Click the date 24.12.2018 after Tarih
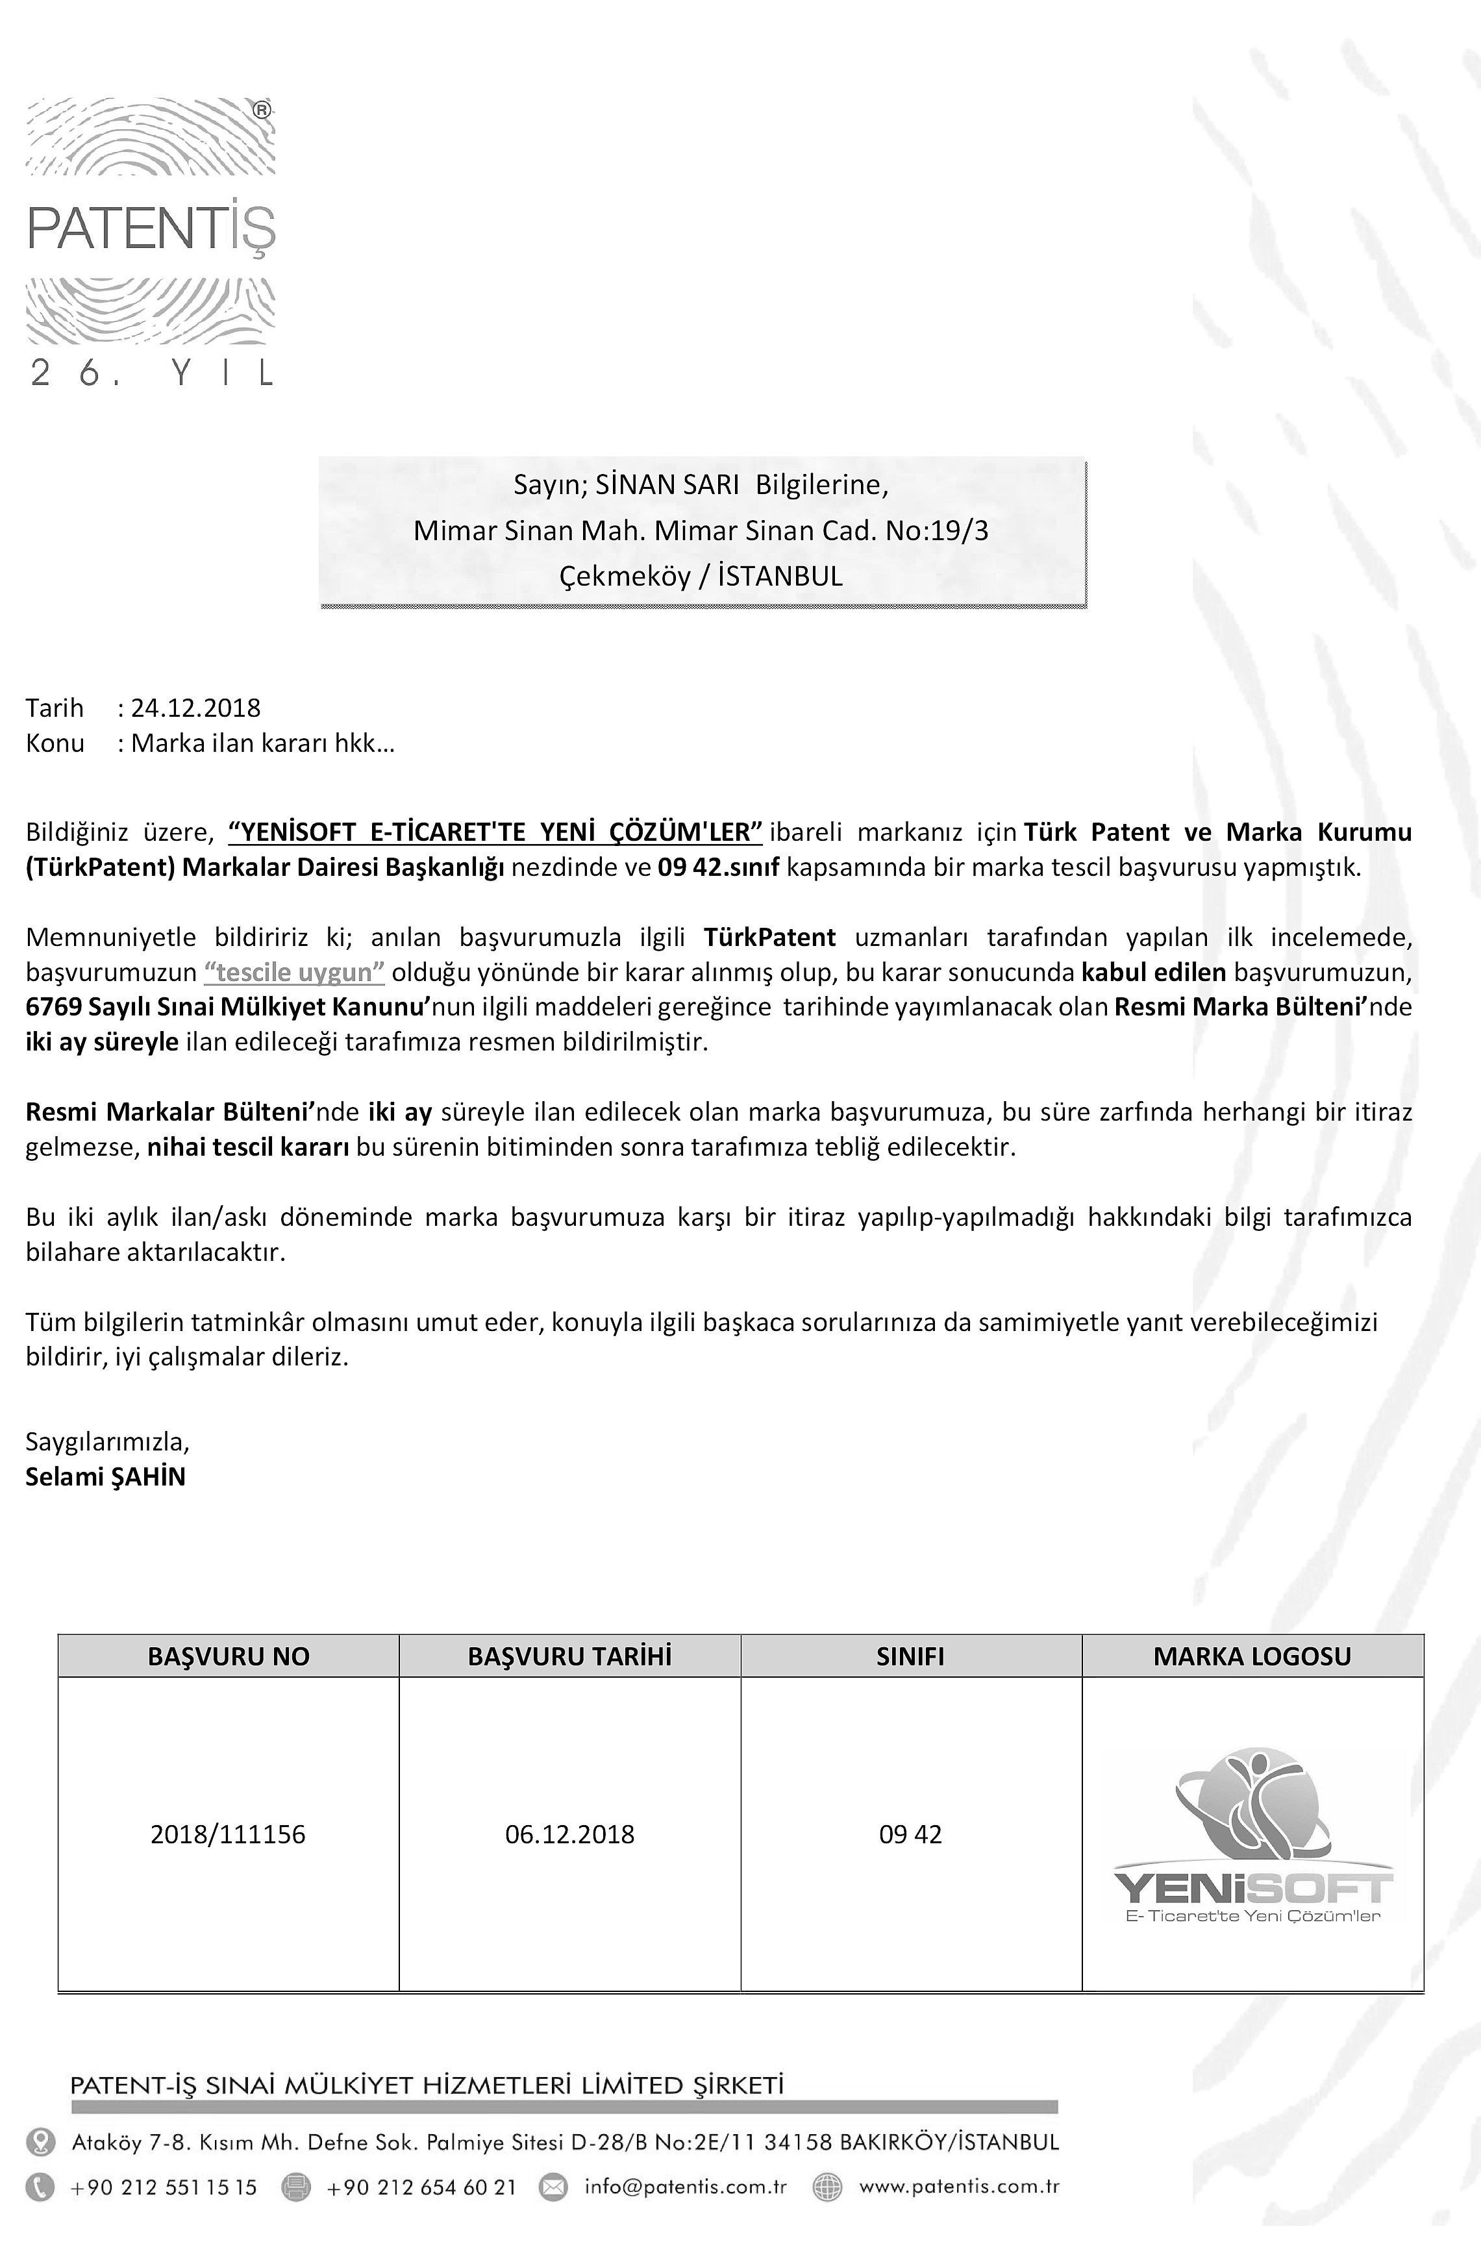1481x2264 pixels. tap(196, 708)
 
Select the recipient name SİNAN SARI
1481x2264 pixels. tap(667, 485)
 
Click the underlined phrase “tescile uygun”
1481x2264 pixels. tap(295, 972)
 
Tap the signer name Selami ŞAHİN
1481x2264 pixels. tap(106, 1476)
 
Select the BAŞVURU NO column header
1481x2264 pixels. tap(229, 1656)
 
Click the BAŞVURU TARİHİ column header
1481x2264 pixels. tap(570, 1656)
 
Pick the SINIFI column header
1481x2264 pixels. tap(910, 1656)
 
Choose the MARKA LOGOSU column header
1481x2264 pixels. tap(1252, 1656)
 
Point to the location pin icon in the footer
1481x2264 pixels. tap(40, 2142)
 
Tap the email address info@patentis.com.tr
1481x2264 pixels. tap(686, 2187)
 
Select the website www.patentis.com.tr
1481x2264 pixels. tap(959, 2187)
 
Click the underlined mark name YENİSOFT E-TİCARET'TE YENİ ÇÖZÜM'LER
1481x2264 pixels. tap(495, 832)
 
